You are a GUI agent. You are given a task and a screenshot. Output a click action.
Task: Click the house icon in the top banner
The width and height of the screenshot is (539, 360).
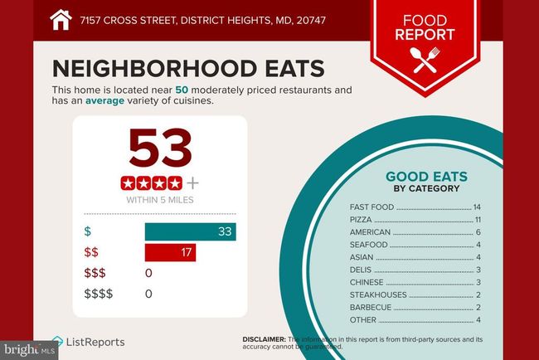click(61, 19)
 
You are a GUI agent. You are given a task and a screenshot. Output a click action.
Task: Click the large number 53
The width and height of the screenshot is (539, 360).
click(161, 148)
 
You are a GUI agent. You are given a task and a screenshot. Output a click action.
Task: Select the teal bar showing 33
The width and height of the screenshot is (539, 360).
click(191, 231)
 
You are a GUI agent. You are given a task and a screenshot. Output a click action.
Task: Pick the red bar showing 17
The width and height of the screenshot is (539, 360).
click(170, 252)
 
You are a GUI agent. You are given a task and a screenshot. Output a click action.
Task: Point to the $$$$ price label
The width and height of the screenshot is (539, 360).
click(99, 294)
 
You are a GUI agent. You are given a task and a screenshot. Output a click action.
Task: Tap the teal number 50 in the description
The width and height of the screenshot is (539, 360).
click(181, 89)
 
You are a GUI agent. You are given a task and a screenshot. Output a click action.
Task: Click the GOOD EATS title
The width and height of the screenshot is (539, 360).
click(426, 176)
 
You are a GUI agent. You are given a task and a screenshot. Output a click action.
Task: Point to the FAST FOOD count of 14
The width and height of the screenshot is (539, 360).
click(476, 207)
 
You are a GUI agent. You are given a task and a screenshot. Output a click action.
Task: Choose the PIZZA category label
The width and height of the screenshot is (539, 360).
click(362, 219)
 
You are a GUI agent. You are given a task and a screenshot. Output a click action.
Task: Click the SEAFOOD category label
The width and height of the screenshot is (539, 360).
click(369, 245)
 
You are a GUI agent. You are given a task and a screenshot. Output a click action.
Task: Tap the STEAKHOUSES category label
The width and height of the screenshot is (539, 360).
click(378, 294)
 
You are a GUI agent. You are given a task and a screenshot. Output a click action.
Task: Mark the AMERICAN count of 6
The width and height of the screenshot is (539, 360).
click(478, 231)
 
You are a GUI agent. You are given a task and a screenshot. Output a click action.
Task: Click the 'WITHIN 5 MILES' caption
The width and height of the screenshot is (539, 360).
click(160, 200)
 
